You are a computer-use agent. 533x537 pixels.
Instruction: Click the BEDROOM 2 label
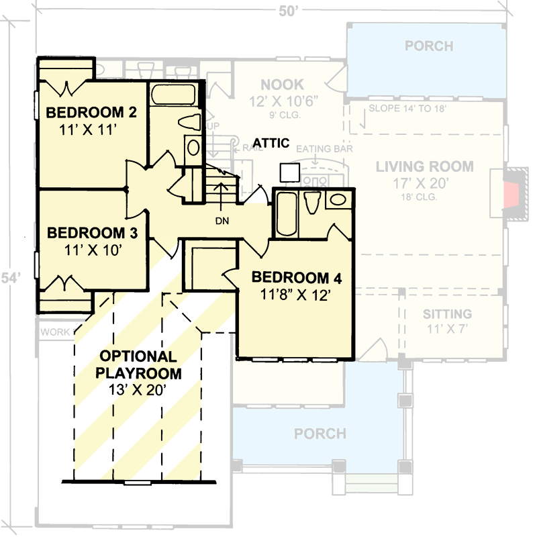coord(91,112)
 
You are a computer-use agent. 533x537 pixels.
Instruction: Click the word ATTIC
coord(271,143)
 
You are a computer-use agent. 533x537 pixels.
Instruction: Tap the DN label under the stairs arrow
coord(222,222)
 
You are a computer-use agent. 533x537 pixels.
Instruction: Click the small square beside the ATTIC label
coord(290,172)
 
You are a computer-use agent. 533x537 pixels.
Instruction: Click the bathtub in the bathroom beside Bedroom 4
coord(286,214)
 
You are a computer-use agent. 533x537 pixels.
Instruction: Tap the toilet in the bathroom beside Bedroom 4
coord(311,203)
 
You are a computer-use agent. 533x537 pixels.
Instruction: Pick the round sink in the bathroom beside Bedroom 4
coord(337,199)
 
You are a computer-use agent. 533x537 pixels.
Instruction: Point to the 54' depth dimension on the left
coord(8,277)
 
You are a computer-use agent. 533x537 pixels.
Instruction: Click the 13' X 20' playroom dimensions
coord(138,389)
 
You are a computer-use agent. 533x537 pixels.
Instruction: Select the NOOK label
coord(282,85)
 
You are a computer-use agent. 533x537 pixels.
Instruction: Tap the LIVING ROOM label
coord(424,166)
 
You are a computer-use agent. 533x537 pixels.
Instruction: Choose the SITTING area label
coord(447,314)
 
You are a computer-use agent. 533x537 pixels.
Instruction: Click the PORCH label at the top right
coord(429,46)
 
